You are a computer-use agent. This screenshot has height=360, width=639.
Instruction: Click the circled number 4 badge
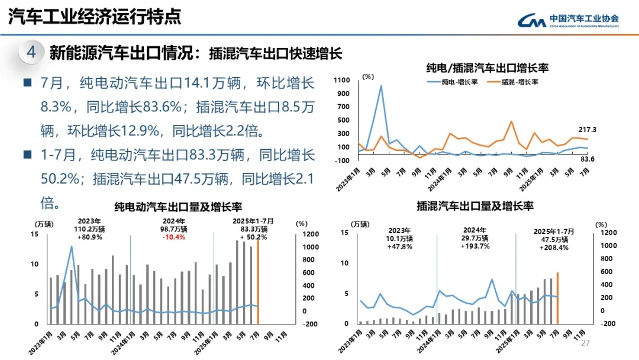pyautogui.click(x=31, y=52)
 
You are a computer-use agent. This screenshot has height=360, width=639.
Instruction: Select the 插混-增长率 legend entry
pyautogui.click(x=513, y=82)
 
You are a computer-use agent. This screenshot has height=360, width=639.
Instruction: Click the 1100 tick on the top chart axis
pyautogui.click(x=344, y=79)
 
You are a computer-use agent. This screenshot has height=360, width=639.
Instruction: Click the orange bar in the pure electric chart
pyautogui.click(x=258, y=278)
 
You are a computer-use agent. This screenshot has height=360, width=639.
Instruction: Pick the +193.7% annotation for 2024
pyautogui.click(x=475, y=246)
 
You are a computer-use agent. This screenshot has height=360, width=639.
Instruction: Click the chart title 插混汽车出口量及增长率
pyautogui.click(x=475, y=206)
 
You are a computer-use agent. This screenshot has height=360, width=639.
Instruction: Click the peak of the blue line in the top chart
pyautogui.click(x=380, y=86)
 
